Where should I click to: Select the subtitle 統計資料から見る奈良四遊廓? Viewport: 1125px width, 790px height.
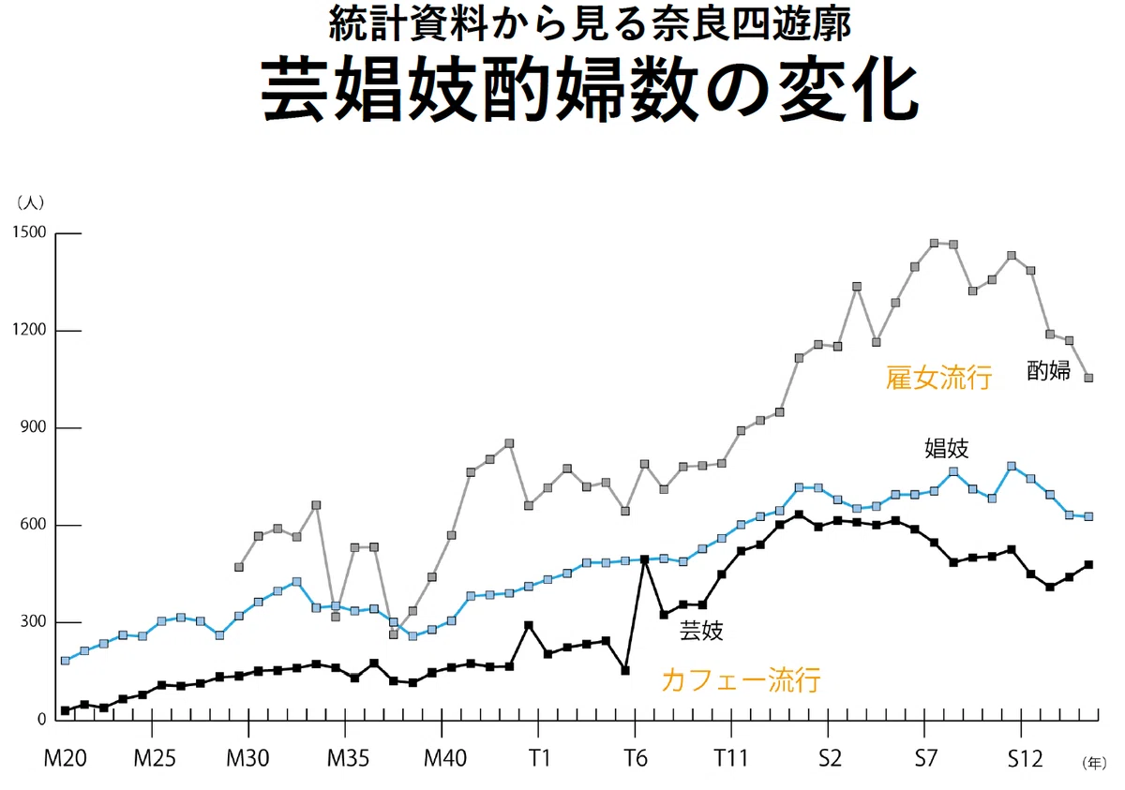(x=590, y=25)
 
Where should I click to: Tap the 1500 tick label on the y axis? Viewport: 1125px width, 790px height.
(x=29, y=232)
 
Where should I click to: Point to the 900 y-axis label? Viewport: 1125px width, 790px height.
(x=33, y=427)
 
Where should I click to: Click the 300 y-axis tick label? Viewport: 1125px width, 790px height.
(x=33, y=622)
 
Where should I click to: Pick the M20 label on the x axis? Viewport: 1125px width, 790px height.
(x=66, y=758)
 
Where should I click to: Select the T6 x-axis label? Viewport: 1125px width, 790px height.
(x=636, y=758)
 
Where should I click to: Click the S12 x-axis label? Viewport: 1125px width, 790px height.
(x=1025, y=758)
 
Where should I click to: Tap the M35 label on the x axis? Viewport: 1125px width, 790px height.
(x=348, y=758)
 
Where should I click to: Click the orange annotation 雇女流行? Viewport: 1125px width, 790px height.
(x=938, y=378)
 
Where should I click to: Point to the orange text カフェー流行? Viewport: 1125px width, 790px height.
(x=742, y=680)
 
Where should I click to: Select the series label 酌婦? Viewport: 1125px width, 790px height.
(x=1049, y=370)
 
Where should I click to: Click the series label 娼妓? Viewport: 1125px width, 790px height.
(x=947, y=448)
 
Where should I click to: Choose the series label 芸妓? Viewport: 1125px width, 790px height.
(x=701, y=631)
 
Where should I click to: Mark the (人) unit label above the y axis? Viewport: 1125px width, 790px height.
(x=30, y=202)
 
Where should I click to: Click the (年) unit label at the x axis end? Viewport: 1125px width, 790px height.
(x=1094, y=764)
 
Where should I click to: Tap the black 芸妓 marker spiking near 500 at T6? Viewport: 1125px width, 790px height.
(x=645, y=559)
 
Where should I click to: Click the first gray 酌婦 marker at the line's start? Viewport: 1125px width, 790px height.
(x=239, y=567)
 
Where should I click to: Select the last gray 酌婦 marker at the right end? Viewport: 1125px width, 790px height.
(x=1088, y=378)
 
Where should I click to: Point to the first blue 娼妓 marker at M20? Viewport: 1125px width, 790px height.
(x=66, y=661)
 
